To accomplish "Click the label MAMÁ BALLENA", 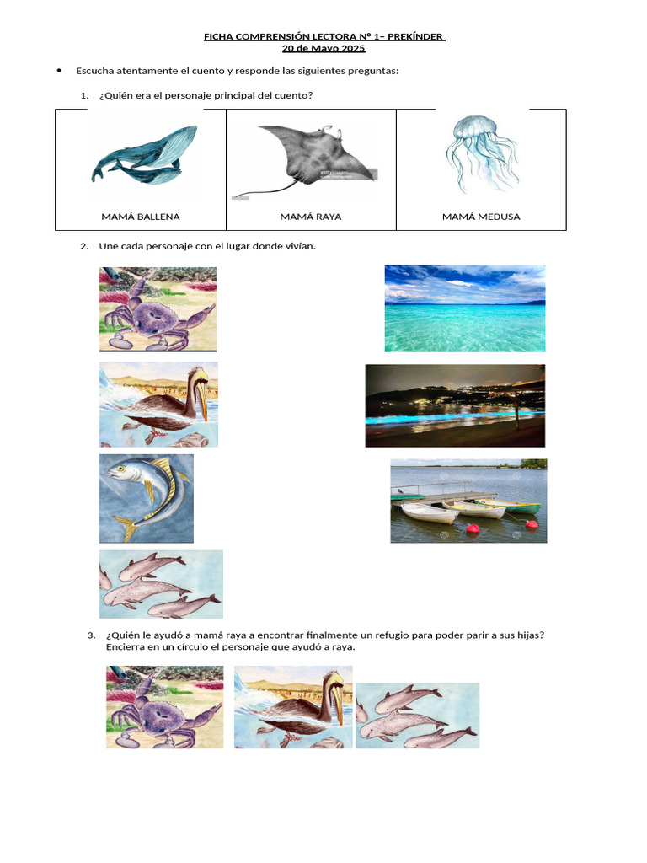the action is pyautogui.click(x=141, y=217).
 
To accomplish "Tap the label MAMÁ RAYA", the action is pyautogui.click(x=311, y=217).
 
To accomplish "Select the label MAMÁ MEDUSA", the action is pyautogui.click(x=481, y=217).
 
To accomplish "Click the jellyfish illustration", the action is pyautogui.click(x=482, y=154).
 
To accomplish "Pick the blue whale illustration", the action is pyautogui.click(x=144, y=155).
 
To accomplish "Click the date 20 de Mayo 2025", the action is pyautogui.click(x=323, y=48).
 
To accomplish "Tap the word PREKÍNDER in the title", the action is pyautogui.click(x=415, y=37).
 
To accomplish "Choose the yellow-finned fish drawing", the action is pyautogui.click(x=147, y=499).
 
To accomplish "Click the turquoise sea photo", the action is pyautogui.click(x=465, y=308).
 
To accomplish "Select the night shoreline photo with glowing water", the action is pyautogui.click(x=455, y=405).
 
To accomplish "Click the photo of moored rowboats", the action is pyautogui.click(x=468, y=501).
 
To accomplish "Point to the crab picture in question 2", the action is pyautogui.click(x=158, y=309).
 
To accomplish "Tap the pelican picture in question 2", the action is pyautogui.click(x=158, y=405).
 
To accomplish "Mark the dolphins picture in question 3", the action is pyautogui.click(x=418, y=716).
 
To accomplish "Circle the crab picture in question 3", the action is pyautogui.click(x=165, y=707).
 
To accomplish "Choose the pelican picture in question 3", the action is pyautogui.click(x=293, y=707).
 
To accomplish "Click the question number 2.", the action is pyautogui.click(x=84, y=247).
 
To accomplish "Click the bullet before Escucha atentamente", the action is pyautogui.click(x=59, y=71).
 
